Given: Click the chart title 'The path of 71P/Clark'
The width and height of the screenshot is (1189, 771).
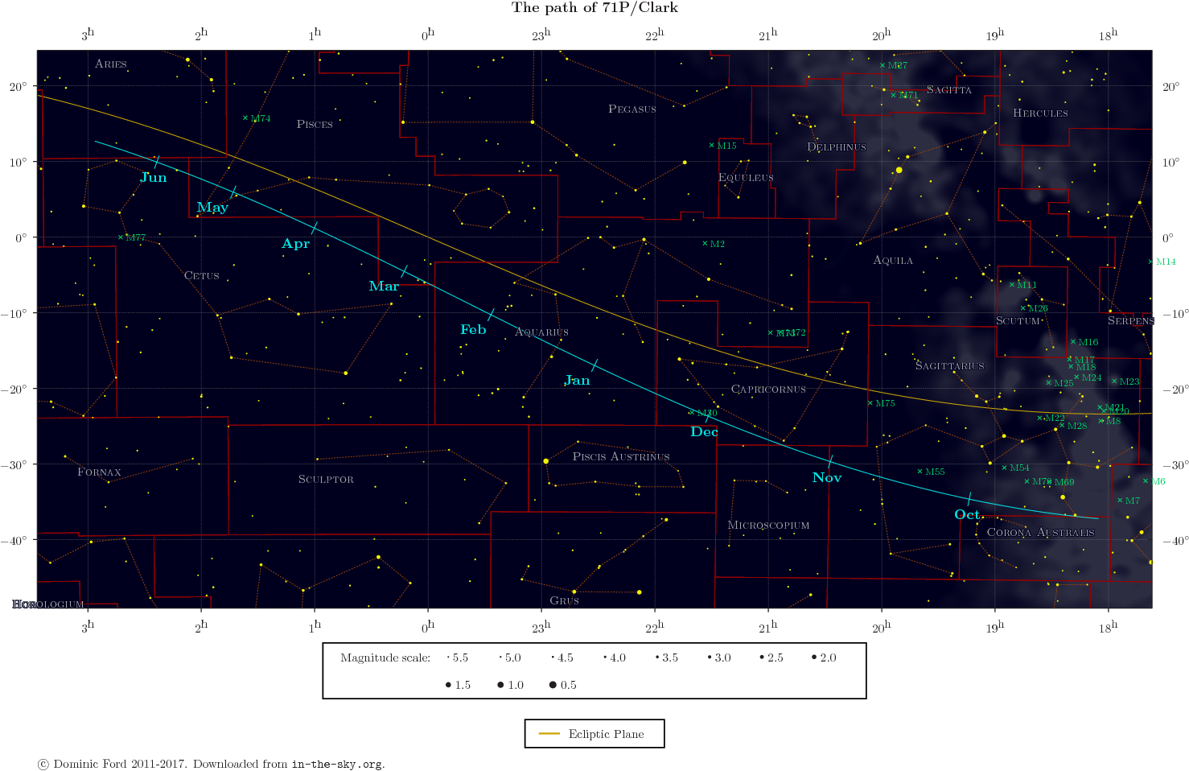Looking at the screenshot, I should click(x=594, y=8).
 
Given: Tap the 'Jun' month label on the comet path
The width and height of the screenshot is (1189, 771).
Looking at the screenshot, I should click(x=154, y=178).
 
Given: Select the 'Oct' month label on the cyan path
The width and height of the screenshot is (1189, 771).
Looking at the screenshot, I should click(x=967, y=515).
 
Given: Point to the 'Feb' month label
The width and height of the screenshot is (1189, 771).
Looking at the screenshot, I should click(x=473, y=330).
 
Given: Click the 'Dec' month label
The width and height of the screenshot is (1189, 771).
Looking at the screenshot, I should click(x=704, y=432).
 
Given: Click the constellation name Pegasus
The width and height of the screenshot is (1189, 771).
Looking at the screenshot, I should click(x=632, y=109).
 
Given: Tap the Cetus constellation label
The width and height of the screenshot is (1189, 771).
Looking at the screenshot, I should click(x=202, y=276).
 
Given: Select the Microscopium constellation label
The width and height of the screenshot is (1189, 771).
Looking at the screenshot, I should click(x=768, y=526).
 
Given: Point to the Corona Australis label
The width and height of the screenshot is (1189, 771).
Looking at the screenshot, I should click(x=1040, y=533).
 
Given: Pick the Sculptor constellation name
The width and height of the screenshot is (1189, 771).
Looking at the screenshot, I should click(x=326, y=480).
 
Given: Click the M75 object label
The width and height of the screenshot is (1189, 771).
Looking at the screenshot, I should click(x=885, y=403).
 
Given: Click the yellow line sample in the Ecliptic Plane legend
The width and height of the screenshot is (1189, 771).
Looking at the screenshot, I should click(x=549, y=734).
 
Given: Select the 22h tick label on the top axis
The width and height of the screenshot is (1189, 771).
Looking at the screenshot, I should click(x=655, y=35).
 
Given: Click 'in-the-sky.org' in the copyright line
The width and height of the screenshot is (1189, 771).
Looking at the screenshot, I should click(x=336, y=764).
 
